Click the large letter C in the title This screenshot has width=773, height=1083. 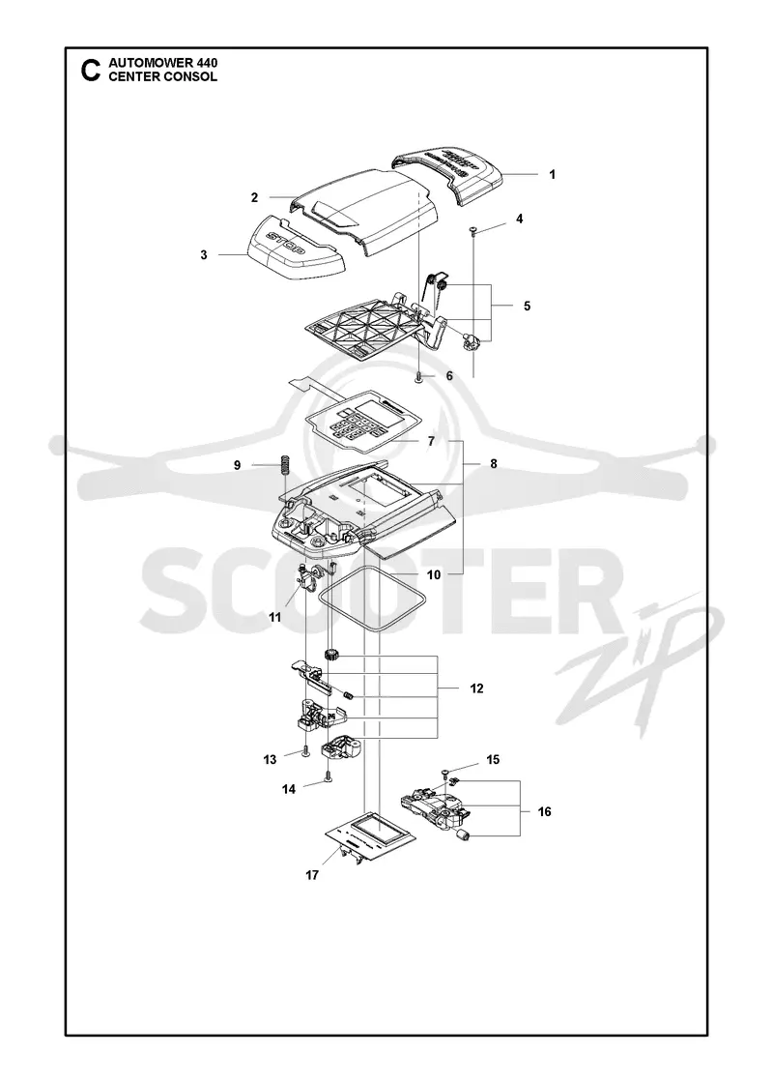pyautogui.click(x=90, y=71)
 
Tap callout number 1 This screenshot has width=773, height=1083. pyautogui.click(x=552, y=175)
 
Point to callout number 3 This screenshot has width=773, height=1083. pyautogui.click(x=204, y=255)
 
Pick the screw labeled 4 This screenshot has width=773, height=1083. pyautogui.click(x=473, y=231)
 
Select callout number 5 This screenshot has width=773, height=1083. pyautogui.click(x=527, y=306)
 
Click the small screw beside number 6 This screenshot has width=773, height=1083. pyautogui.click(x=419, y=376)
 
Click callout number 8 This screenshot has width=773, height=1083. pyautogui.click(x=494, y=464)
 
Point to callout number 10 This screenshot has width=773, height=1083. pyautogui.click(x=434, y=574)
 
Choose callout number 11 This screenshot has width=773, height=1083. pyautogui.click(x=275, y=618)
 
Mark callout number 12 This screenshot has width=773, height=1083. pyautogui.click(x=476, y=688)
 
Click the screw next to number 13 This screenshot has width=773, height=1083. pyautogui.click(x=303, y=753)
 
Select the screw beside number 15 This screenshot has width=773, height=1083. pyautogui.click(x=445, y=771)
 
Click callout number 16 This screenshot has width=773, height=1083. pyautogui.click(x=545, y=811)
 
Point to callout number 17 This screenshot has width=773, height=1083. pyautogui.click(x=312, y=876)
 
